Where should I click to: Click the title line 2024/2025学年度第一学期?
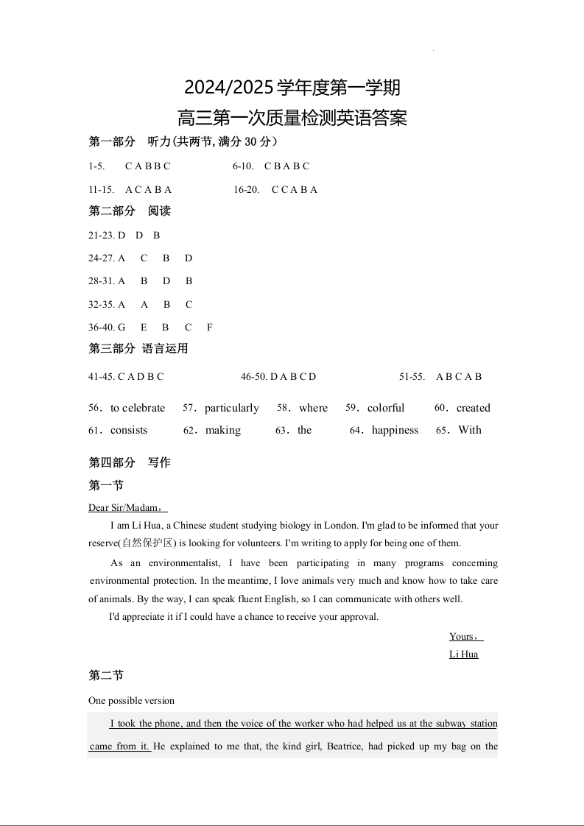pyautogui.click(x=292, y=88)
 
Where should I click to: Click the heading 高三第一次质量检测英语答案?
pyautogui.click(x=292, y=118)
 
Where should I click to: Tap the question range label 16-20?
pyautogui.click(x=246, y=189)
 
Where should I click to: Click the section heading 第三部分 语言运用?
pyautogui.click(x=138, y=348)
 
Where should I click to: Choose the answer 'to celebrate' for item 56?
pyautogui.click(x=138, y=408)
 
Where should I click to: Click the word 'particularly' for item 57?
pyautogui.click(x=232, y=408)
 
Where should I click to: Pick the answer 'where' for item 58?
pyautogui.click(x=313, y=408)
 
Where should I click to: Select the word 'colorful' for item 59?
pyautogui.click(x=386, y=408)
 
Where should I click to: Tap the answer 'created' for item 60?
pyautogui.click(x=473, y=408)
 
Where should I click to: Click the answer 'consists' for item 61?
pyautogui.click(x=129, y=430)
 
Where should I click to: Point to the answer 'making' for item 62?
pyautogui.click(x=223, y=430)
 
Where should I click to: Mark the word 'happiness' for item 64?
pyautogui.click(x=395, y=430)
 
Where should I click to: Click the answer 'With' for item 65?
pyautogui.click(x=470, y=430)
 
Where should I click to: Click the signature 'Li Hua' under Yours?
pyautogui.click(x=464, y=654)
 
